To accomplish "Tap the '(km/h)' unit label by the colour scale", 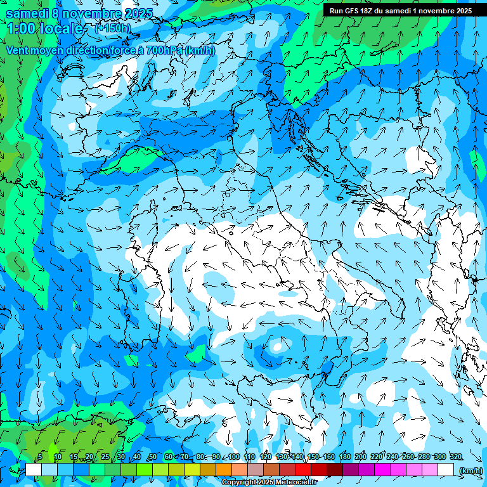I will click(470, 471).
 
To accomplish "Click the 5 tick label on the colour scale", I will click(40, 457).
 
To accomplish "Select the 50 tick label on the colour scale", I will click(153, 457).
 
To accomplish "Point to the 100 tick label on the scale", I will click(234, 457).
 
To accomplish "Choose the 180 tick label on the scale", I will click(344, 457).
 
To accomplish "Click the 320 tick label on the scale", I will click(456, 457).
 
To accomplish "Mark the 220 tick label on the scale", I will click(377, 457).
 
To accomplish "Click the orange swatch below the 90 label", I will click(224, 470).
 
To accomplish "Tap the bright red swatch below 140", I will click(303, 470).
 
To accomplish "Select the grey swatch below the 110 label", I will click(256, 470).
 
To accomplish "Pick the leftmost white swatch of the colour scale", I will click(34, 470).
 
